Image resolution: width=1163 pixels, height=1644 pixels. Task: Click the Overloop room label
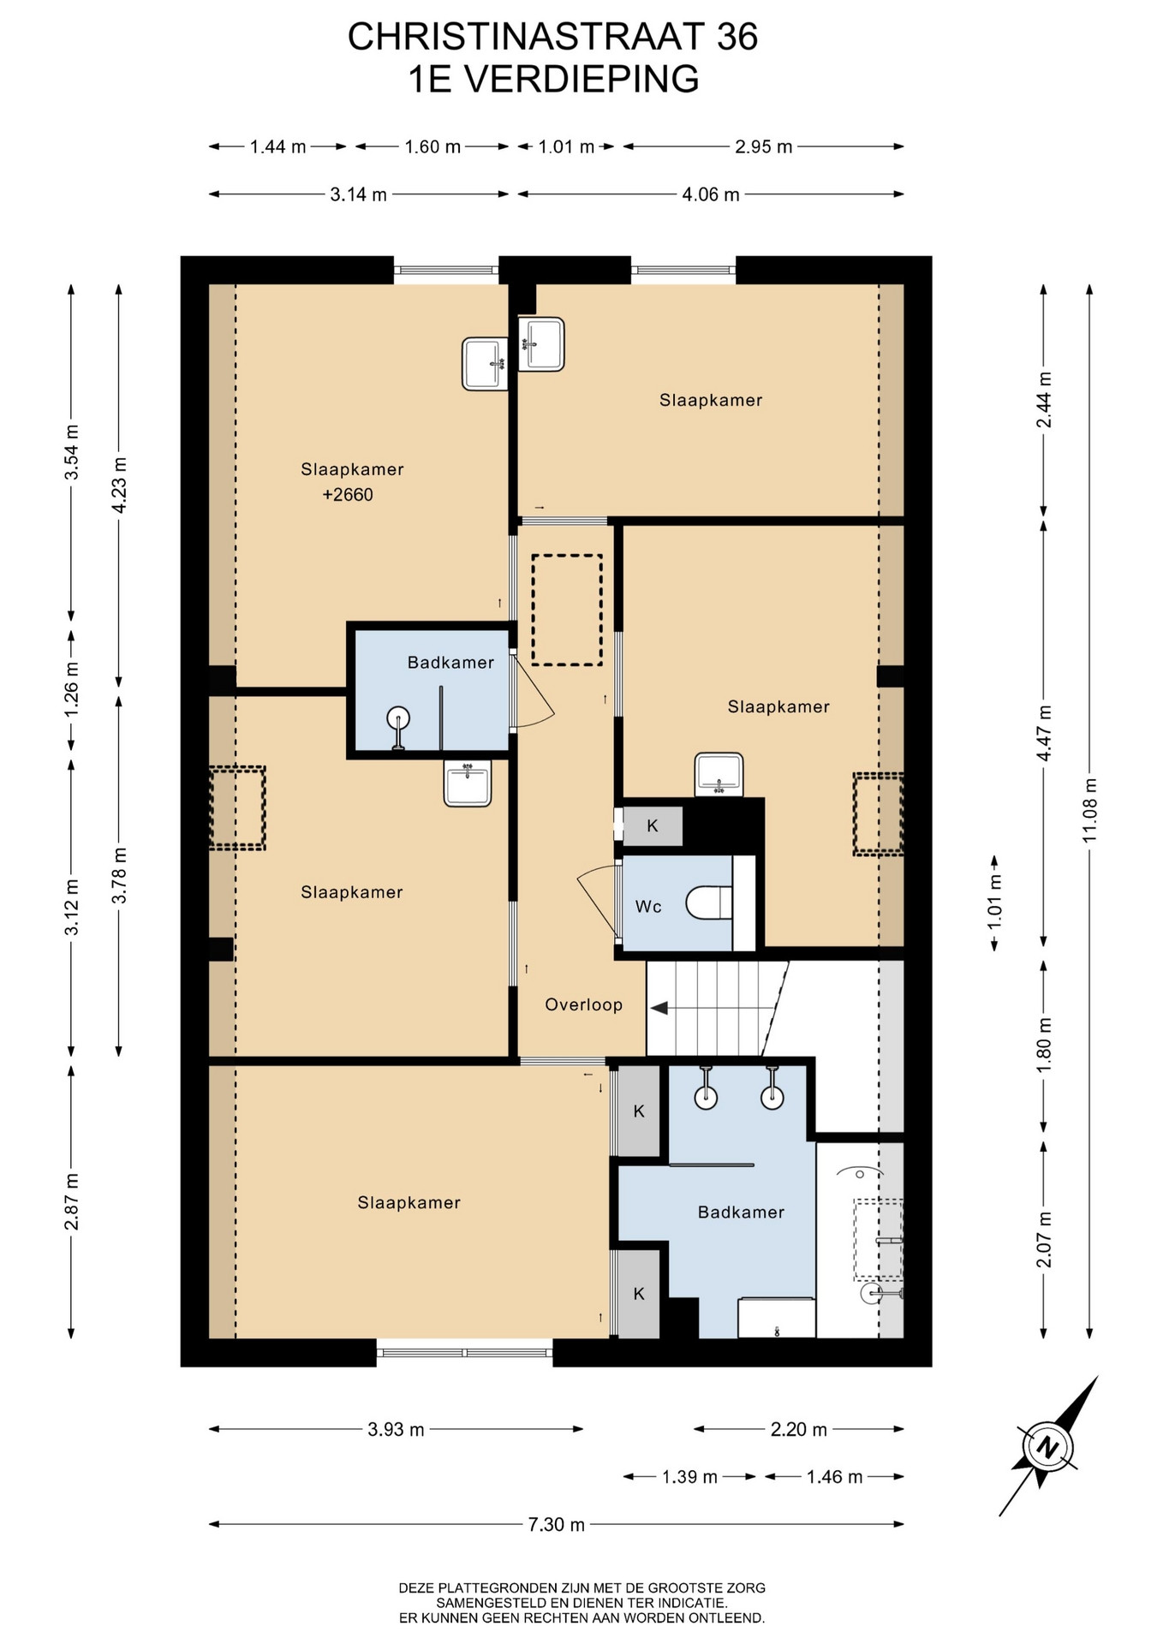[x=583, y=1004]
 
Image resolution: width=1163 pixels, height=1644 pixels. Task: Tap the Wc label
[x=648, y=906]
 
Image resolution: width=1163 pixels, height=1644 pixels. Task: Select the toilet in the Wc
[x=709, y=902]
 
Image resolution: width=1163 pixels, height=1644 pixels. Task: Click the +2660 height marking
[x=348, y=494]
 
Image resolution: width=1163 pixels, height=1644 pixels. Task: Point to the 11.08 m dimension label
[x=1089, y=810]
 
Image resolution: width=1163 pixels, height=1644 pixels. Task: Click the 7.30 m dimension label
[x=557, y=1524]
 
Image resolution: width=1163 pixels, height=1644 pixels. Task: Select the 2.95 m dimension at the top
[x=763, y=146]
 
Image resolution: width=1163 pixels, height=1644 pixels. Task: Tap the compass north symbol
[x=1046, y=1448]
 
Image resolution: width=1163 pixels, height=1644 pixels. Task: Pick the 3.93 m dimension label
[x=396, y=1429]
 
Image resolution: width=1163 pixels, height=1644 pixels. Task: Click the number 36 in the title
[x=737, y=37]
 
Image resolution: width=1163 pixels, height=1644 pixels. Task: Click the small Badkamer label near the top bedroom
[x=450, y=662]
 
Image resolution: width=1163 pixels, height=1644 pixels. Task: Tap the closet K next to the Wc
[x=653, y=826]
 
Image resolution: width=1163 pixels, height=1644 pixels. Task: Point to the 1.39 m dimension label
[x=689, y=1477]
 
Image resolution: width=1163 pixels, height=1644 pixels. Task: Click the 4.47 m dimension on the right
[x=1043, y=733]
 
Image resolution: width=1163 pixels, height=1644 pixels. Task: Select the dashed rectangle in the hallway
[x=567, y=610]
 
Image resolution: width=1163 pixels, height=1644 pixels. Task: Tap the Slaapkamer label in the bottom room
[x=409, y=1202]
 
